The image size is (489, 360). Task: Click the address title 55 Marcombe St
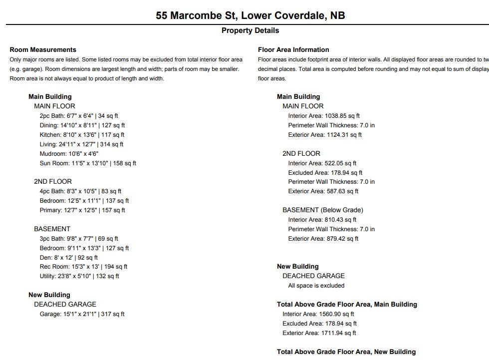250,15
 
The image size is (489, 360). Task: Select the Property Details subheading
250,30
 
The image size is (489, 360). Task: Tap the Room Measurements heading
43,50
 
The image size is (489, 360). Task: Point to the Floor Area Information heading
293,50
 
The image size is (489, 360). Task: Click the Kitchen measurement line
82,135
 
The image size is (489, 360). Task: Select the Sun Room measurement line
88,163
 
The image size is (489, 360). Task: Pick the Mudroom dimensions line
69,154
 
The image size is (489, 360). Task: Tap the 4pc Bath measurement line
80,191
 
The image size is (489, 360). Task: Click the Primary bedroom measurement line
82,210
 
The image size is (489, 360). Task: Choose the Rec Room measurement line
83,267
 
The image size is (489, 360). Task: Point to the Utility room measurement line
79,276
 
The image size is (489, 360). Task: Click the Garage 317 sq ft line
82,314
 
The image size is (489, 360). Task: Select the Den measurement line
69,258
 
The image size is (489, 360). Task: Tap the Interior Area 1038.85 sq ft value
323,116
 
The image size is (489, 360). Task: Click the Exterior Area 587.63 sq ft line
323,191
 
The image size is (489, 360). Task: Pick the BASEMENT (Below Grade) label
322,210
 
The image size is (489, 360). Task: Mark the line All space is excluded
316,286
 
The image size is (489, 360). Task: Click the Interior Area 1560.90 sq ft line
318,314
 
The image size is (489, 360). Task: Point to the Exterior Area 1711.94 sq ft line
319,333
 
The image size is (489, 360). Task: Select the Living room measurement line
81,144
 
